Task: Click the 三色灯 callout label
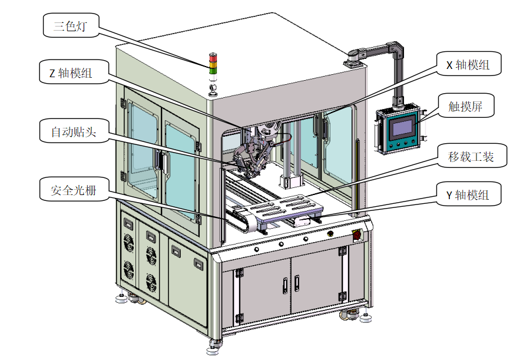71,25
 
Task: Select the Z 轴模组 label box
74,72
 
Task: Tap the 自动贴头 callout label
74,131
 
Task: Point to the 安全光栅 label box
74,189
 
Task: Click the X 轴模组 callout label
469,64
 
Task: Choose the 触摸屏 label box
466,105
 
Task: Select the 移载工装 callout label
472,156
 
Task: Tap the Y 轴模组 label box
469,194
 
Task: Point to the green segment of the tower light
213,70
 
